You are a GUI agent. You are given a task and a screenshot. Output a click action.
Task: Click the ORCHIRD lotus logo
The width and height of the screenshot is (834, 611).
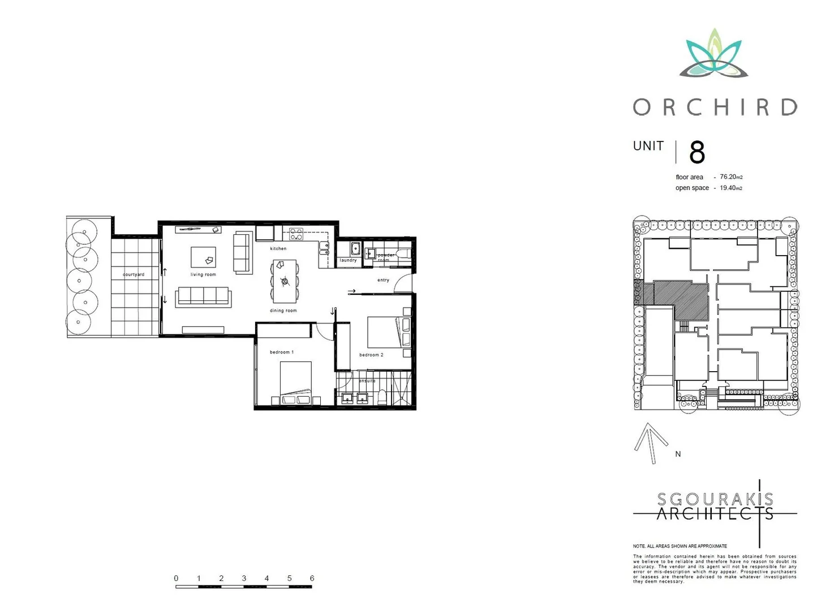coord(714,54)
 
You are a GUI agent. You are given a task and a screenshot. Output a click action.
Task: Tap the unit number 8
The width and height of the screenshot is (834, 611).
coord(697,153)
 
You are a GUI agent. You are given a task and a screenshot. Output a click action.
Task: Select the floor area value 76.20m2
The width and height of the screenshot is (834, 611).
coord(730,177)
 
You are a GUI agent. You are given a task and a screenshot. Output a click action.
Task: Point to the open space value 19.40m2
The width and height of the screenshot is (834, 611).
coord(730,188)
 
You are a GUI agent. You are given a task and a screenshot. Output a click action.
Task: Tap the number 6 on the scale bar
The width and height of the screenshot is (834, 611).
coord(312,578)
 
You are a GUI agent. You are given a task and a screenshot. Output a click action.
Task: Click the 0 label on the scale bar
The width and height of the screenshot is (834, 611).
coord(176,578)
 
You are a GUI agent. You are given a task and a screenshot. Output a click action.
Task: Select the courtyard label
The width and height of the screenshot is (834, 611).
coord(134,274)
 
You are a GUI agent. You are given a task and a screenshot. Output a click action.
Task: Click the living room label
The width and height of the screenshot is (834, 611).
coord(203,274)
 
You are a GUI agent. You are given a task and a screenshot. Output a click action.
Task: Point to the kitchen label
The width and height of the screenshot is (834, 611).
coord(278,248)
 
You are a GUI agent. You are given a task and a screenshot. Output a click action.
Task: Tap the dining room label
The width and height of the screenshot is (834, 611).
coord(283,311)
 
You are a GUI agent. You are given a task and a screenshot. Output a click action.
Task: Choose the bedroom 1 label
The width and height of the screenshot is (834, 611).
coord(281,352)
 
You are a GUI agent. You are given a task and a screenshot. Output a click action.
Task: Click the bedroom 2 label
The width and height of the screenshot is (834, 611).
coord(371,355)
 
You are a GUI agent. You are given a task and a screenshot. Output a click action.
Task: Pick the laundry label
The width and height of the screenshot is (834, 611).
coord(348,260)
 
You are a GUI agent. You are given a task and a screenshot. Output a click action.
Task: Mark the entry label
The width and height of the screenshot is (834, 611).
coord(383,280)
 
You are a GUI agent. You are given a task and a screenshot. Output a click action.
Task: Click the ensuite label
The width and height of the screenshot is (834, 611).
coord(367,381)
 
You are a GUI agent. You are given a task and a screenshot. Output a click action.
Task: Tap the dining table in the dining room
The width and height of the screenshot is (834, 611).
coord(284,281)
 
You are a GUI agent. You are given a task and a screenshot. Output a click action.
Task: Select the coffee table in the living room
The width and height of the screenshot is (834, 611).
coord(203,257)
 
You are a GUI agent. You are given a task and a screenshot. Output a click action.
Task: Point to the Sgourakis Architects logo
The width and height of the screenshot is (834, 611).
coord(715,506)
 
